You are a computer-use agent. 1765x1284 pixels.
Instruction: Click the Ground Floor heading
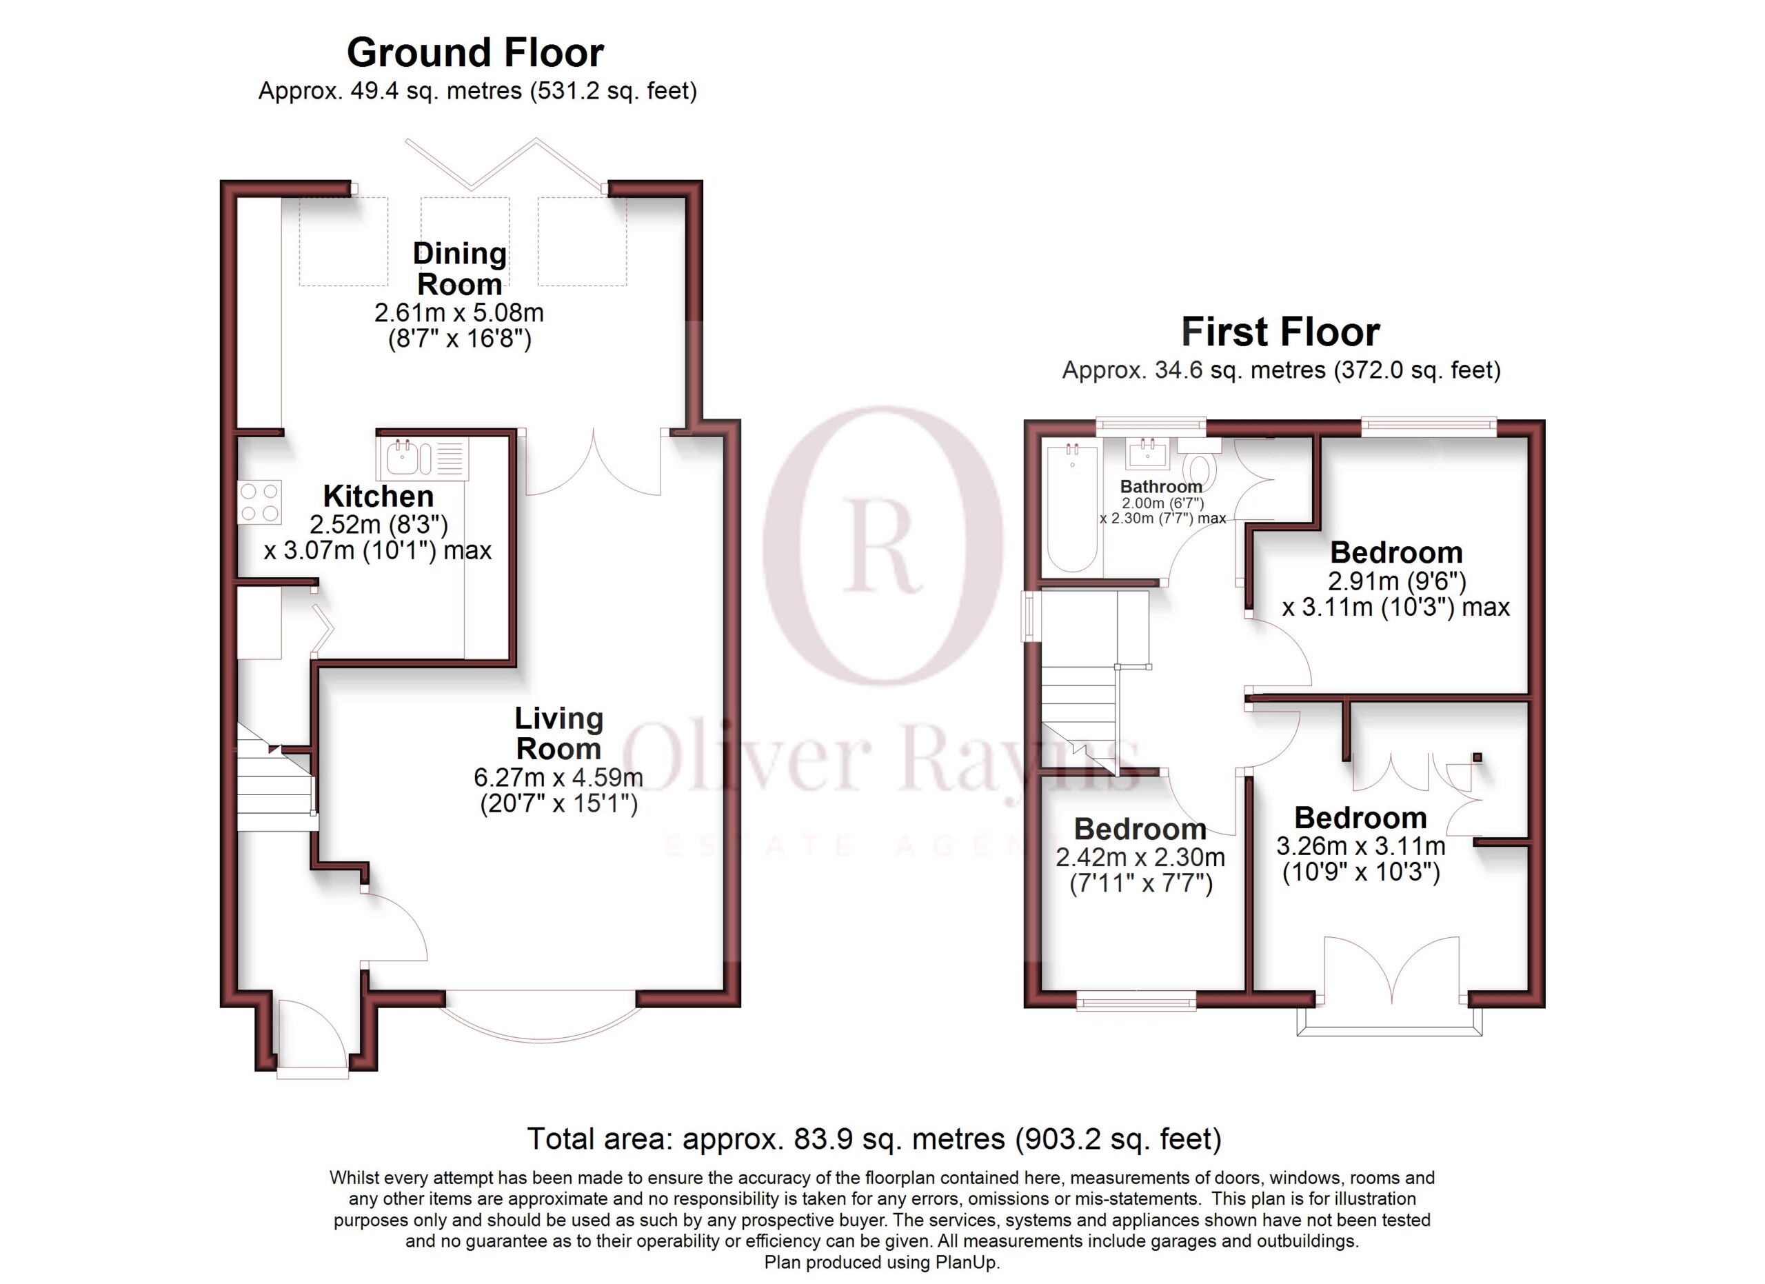click(x=475, y=53)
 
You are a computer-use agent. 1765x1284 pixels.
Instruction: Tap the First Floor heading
click(x=1280, y=332)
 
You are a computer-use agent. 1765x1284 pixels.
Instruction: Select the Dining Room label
click(x=459, y=268)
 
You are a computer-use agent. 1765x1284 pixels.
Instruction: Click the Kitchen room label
click(x=379, y=496)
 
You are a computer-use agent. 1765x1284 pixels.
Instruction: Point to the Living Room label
click(x=558, y=733)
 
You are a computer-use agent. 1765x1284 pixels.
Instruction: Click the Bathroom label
click(x=1161, y=486)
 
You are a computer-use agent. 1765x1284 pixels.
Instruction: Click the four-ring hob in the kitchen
click(x=260, y=502)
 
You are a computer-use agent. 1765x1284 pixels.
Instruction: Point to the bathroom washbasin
click(x=1147, y=453)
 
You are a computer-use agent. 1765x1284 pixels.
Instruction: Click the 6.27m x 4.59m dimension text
click(x=558, y=777)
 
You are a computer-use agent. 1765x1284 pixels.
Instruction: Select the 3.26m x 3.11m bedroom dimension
click(x=1360, y=846)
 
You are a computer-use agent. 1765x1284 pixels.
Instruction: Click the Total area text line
click(x=874, y=1138)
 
